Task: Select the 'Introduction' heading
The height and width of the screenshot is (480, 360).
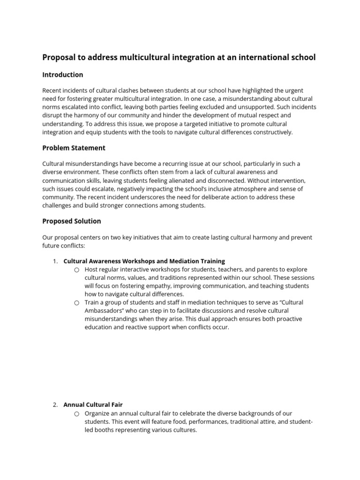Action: coord(62,75)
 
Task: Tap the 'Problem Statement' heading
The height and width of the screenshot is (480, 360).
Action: coord(74,148)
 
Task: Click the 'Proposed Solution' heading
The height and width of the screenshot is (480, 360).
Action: coord(71,221)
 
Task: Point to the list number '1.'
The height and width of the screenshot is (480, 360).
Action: coord(55,261)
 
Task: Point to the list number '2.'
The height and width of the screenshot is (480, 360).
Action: coord(55,405)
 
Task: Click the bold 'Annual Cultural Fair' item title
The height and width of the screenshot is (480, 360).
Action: coord(93,405)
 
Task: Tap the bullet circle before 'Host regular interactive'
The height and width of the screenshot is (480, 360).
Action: coord(76,270)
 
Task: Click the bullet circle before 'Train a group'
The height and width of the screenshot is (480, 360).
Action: coord(76,303)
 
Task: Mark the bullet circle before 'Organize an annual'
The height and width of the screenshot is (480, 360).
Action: coord(76,413)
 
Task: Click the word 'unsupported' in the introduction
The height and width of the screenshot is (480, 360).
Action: coord(265,107)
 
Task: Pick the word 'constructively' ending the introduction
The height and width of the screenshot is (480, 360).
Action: coord(270,132)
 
